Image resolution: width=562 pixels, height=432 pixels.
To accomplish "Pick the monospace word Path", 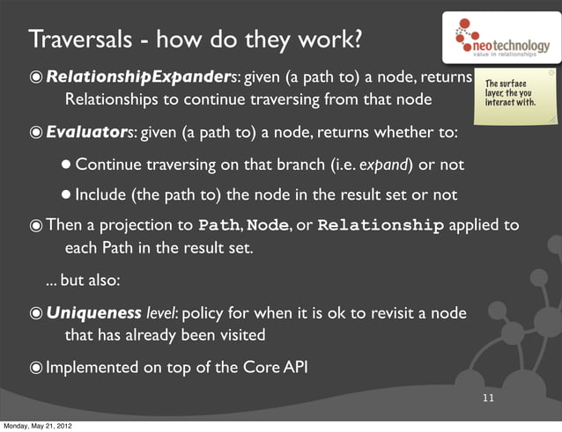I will click(218, 225).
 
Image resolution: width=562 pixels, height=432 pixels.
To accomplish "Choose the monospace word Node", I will click(270, 225).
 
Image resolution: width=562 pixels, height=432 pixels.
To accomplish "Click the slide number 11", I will click(488, 399).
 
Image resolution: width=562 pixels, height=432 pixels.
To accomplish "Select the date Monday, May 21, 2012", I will click(37, 426).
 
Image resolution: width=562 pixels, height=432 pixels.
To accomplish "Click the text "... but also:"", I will click(83, 282).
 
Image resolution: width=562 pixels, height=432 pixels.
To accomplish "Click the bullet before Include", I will click(66, 194).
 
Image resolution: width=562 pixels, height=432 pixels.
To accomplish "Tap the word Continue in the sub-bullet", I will click(109, 165).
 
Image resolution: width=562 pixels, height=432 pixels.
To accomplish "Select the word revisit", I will click(376, 312).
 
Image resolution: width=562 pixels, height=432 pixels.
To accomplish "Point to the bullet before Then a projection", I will click(35, 225).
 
